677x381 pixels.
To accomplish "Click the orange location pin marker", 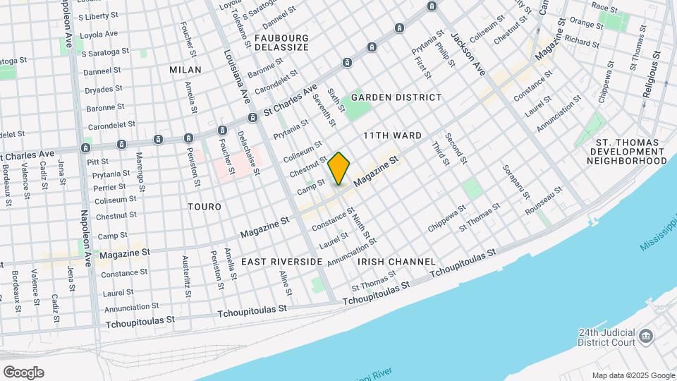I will [339, 168].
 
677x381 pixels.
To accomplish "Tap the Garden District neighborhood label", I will [396, 97].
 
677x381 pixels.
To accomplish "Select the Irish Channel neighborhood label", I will [396, 262].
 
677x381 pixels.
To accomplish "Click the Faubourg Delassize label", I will [281, 42].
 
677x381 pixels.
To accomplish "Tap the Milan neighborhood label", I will [185, 70].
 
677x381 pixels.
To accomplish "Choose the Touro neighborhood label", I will [205, 207].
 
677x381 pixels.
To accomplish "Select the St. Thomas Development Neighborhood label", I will [627, 152].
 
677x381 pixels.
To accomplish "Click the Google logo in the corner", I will [23, 373].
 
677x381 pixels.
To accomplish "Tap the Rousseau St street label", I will [543, 200].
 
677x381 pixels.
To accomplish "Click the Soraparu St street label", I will [511, 181].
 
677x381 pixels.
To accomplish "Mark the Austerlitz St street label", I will [186, 275].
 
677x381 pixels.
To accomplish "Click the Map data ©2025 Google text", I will [633, 375].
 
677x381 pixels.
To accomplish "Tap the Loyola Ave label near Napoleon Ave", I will [99, 34].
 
